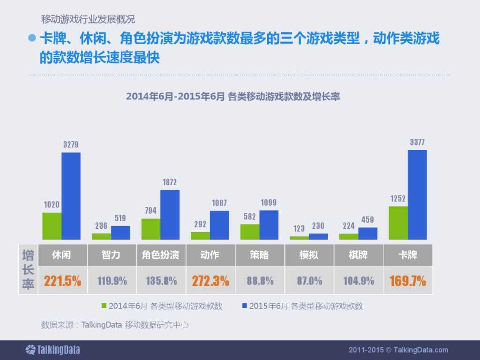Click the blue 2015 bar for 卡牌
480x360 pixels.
point(417,195)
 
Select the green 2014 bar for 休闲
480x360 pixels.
point(52,226)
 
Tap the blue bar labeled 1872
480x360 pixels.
point(170,215)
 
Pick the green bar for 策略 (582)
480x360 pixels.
point(249,232)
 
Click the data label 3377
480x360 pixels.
point(417,142)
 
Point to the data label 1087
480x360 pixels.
point(219,203)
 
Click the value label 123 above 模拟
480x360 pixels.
point(299,228)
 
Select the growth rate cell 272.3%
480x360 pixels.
point(210,281)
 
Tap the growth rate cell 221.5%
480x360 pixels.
point(62,281)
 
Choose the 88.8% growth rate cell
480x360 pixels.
point(260,281)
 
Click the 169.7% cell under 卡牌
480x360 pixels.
point(407,281)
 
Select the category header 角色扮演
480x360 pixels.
point(161,255)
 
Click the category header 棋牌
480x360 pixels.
point(359,255)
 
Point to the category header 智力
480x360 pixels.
point(112,255)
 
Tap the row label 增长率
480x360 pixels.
point(28,269)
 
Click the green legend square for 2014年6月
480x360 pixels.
point(105,306)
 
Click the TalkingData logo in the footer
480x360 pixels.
point(52,350)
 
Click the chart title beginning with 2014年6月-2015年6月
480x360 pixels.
point(232,97)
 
